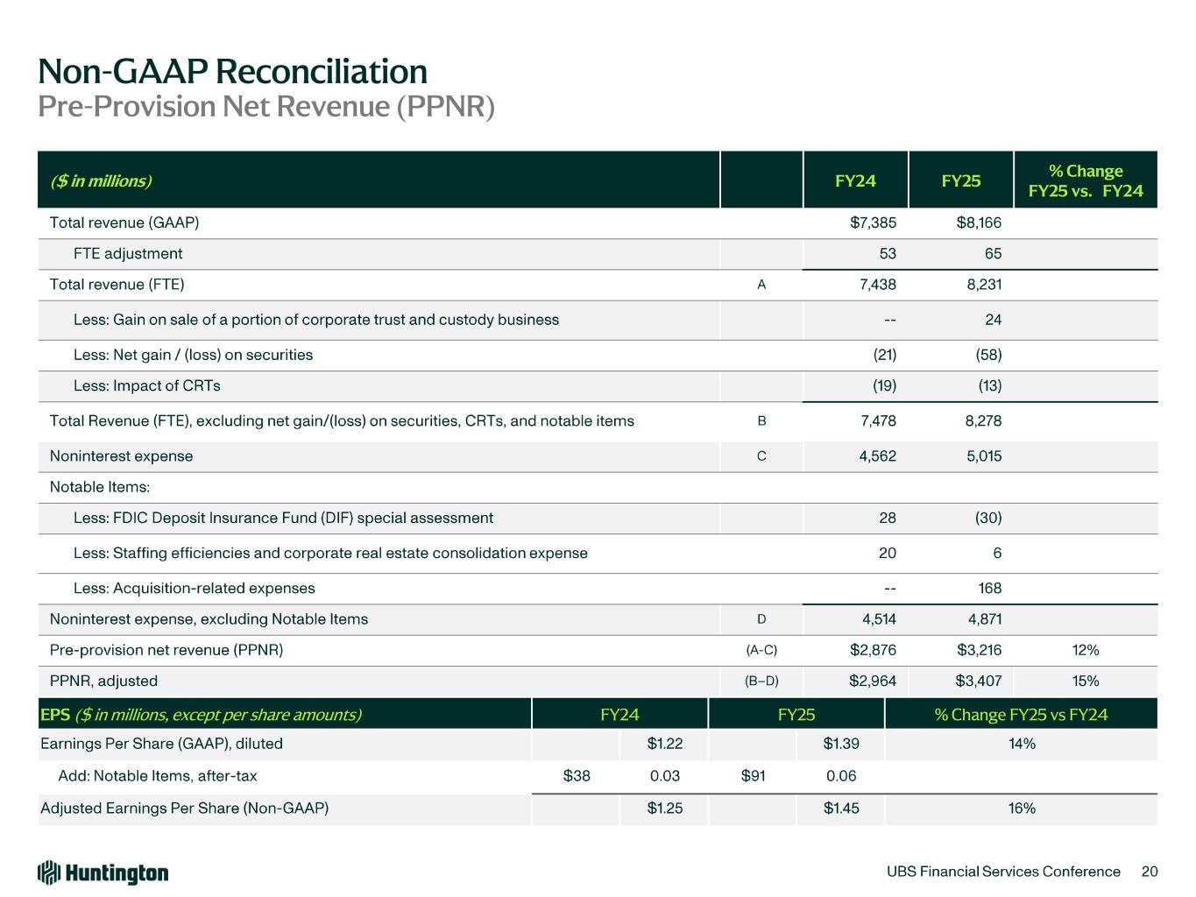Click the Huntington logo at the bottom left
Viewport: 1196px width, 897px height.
(x=103, y=872)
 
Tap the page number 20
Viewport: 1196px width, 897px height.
(x=1150, y=872)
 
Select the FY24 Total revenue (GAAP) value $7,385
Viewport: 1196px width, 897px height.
(x=873, y=222)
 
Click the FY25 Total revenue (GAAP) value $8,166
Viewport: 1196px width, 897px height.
(x=979, y=222)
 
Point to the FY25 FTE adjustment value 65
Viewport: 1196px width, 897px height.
(x=992, y=254)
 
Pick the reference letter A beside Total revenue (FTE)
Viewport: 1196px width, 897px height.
(x=761, y=285)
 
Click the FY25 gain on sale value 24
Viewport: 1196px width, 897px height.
(x=992, y=320)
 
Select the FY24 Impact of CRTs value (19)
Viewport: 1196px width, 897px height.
(x=880, y=386)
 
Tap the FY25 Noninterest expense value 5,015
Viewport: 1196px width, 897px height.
(x=983, y=456)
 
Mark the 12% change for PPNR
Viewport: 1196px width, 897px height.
(x=1086, y=650)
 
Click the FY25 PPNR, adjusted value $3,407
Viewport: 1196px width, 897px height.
(x=979, y=681)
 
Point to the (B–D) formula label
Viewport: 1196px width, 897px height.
(x=761, y=681)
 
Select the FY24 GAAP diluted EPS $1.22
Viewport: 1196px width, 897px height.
(x=664, y=744)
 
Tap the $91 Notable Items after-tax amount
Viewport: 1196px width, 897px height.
(x=754, y=776)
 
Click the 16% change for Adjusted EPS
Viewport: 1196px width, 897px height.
(x=1022, y=808)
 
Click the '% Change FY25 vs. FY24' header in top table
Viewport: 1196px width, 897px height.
(x=1086, y=180)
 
